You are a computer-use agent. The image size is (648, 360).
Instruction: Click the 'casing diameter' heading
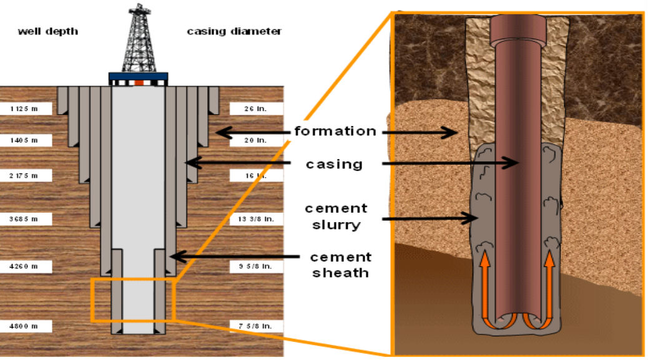click(234, 31)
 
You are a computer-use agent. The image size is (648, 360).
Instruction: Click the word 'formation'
click(336, 132)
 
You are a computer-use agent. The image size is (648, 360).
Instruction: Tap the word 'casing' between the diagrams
click(334, 164)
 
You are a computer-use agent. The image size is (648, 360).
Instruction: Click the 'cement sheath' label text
click(341, 265)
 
